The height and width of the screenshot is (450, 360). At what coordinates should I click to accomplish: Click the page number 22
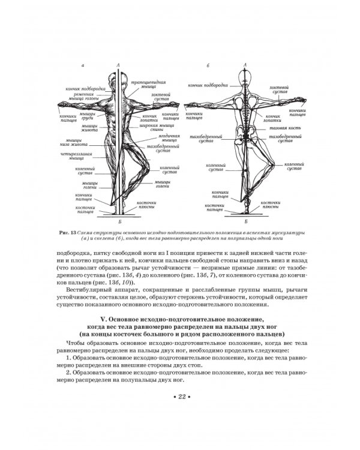180,400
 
